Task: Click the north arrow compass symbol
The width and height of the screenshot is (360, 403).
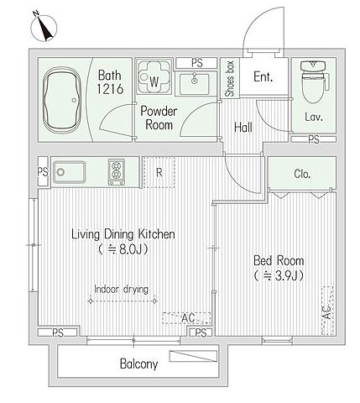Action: coord(44,28)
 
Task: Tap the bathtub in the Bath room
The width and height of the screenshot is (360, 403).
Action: coord(62,100)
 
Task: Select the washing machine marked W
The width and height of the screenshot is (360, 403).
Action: coord(154,76)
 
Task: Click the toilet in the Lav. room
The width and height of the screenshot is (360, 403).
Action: coord(314,81)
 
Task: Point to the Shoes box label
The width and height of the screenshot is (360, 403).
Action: coord(230,79)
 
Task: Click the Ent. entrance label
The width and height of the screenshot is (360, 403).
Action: coord(263,76)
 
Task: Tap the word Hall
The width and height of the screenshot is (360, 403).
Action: coord(243,128)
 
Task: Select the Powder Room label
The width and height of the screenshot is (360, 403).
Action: coord(159,118)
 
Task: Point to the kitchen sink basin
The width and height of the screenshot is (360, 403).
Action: coord(69,172)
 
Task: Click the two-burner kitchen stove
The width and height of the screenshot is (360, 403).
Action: coord(117,172)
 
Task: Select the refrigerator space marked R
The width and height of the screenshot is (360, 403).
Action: coord(159,172)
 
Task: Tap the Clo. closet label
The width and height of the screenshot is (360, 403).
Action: coord(302,174)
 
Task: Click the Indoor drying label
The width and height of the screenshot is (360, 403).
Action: coord(121,289)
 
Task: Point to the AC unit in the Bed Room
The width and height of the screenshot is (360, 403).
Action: coord(327,311)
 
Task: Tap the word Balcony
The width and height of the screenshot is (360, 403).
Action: coord(138,364)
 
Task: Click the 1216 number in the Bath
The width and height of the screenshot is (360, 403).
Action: coord(110,89)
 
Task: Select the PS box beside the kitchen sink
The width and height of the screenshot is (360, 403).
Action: coord(43,171)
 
